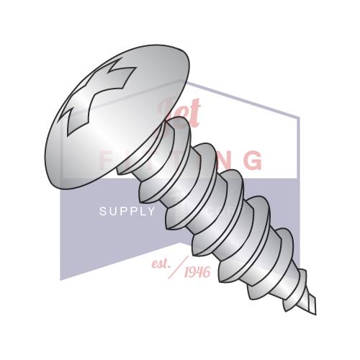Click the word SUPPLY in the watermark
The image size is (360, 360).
coord(127,211)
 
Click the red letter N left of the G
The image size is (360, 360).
coord(228,160)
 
